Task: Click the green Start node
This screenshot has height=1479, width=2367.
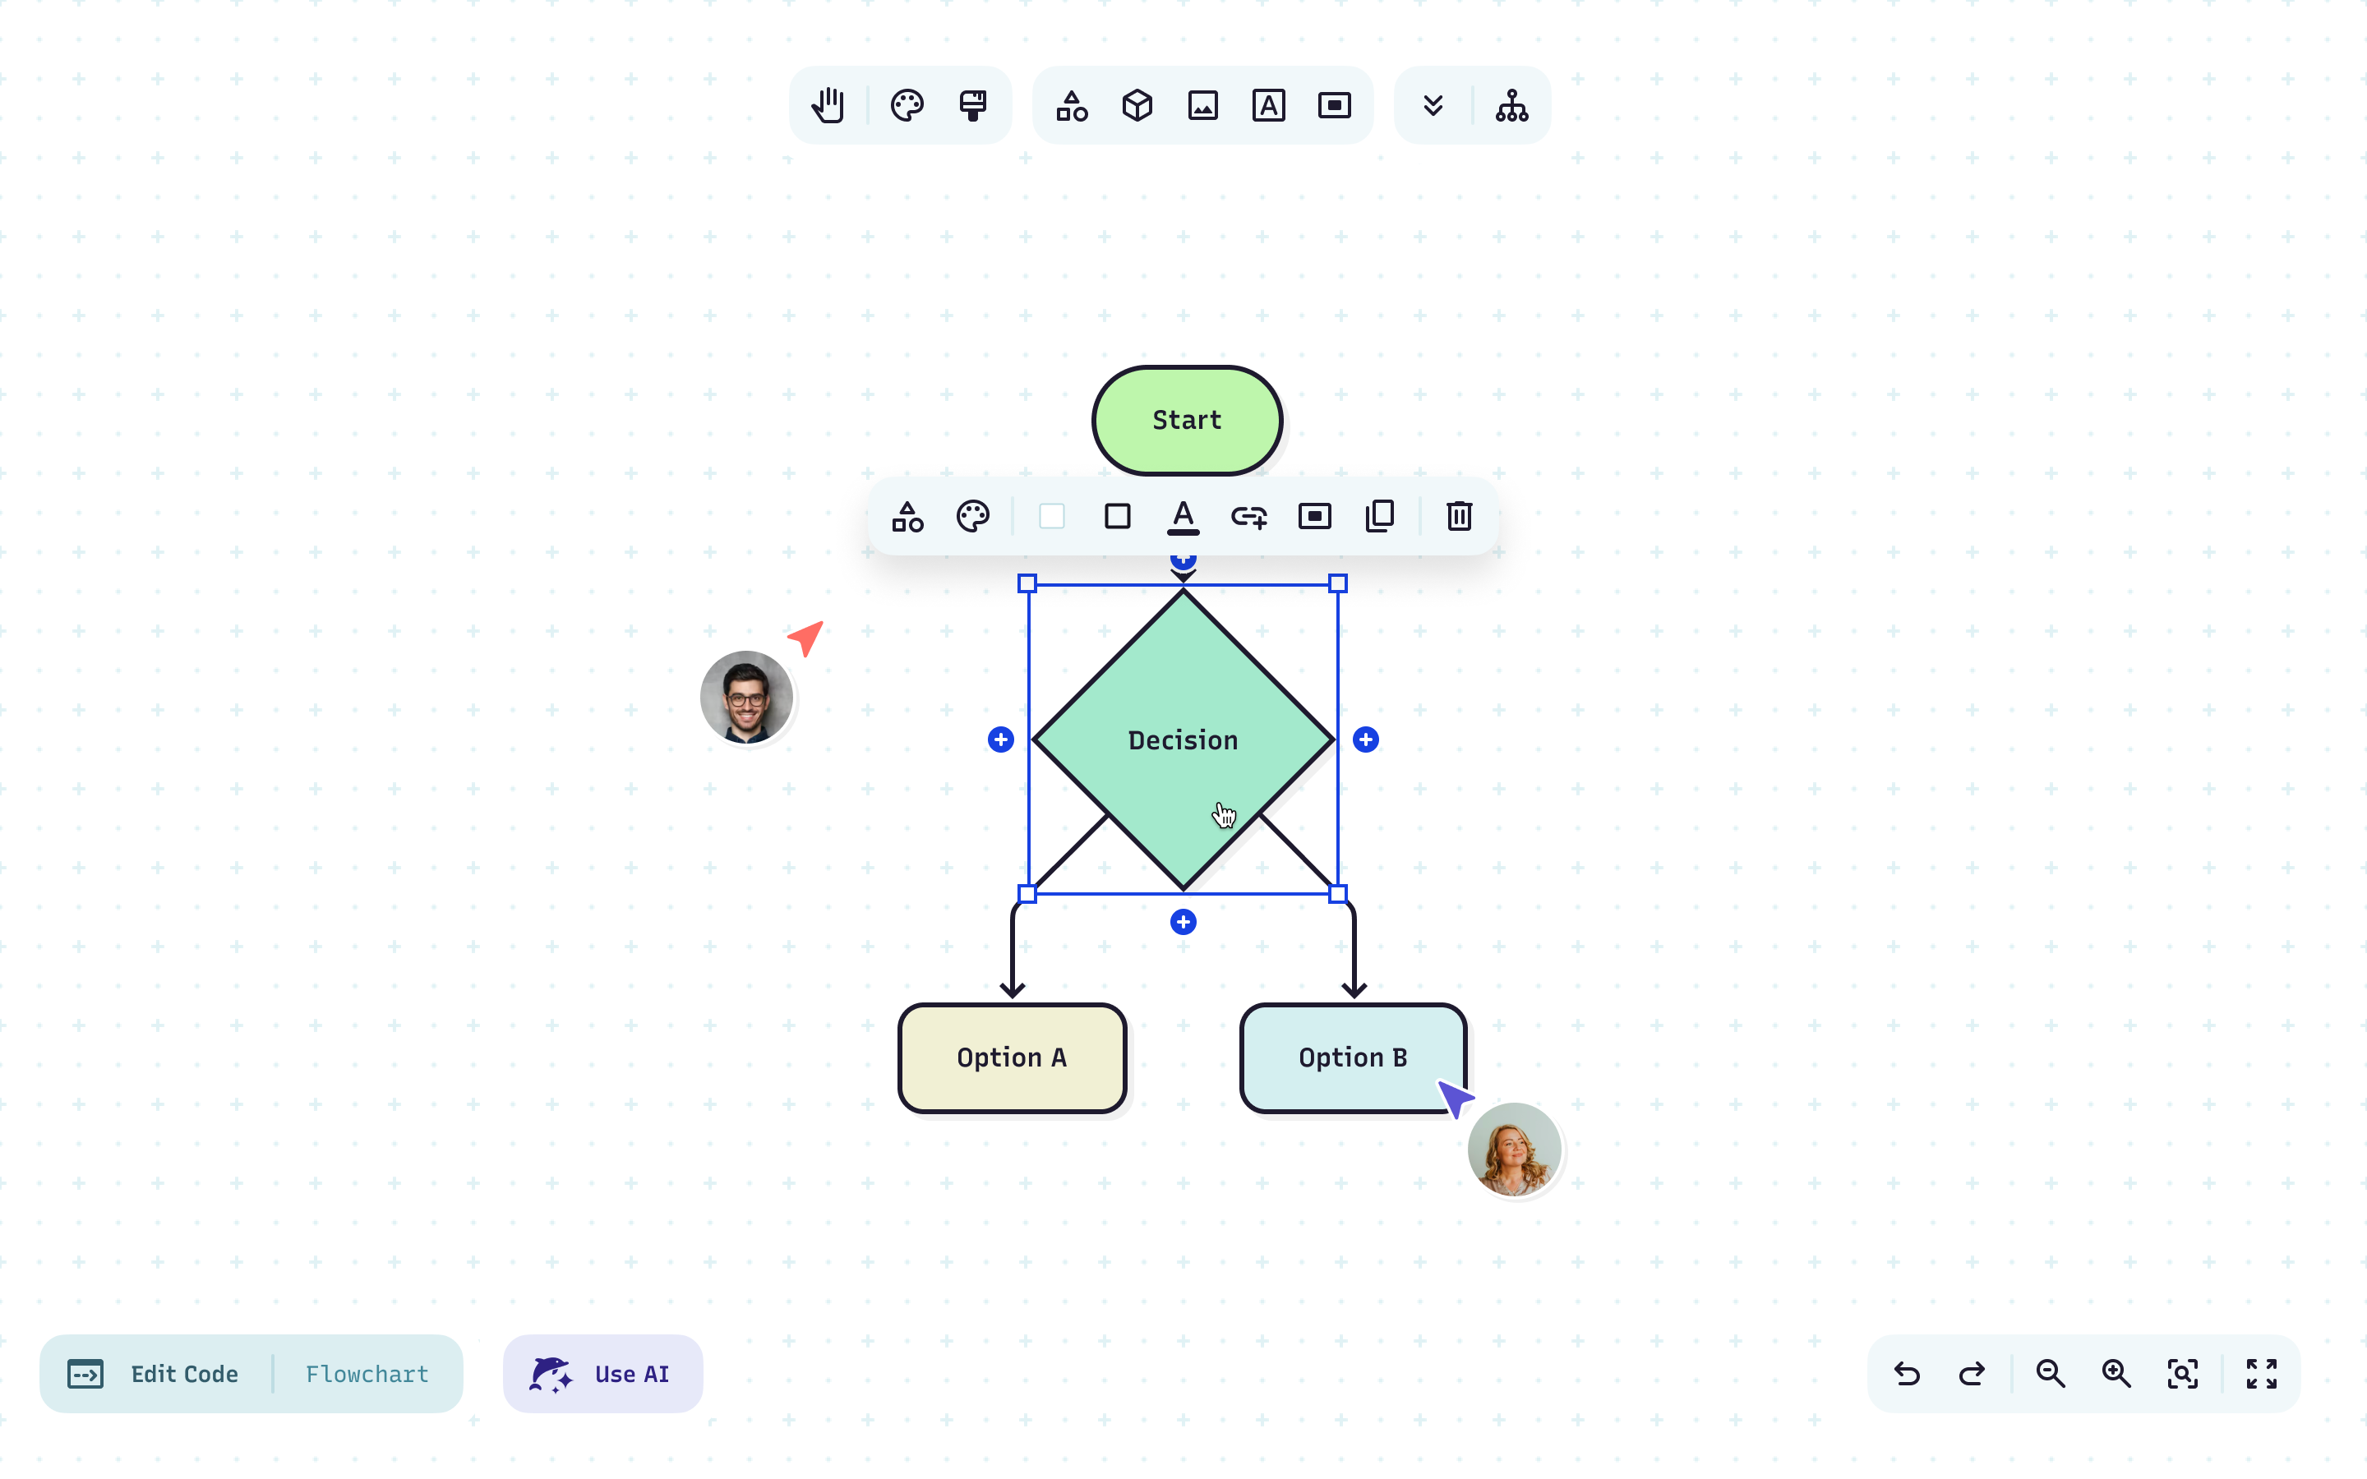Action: point(1187,421)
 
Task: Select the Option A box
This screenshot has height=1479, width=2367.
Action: point(1012,1057)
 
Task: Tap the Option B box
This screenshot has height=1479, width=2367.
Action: point(1352,1057)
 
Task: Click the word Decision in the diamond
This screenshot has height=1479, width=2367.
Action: point(1183,740)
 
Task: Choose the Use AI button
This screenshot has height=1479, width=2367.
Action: point(602,1373)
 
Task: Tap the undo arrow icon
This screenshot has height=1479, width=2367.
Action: point(1906,1373)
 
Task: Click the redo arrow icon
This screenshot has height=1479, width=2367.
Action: point(1972,1373)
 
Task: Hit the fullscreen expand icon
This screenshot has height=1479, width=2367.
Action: point(2260,1373)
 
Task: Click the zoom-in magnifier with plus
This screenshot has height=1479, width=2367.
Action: point(2116,1373)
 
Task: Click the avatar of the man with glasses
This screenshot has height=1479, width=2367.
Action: point(746,698)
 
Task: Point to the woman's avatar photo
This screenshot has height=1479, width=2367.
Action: point(1513,1150)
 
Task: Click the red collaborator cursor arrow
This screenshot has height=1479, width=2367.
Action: point(807,637)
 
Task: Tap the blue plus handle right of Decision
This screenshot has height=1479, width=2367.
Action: point(1365,739)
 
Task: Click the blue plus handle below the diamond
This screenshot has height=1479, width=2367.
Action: point(1183,921)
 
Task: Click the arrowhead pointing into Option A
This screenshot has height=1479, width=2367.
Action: point(1013,990)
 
